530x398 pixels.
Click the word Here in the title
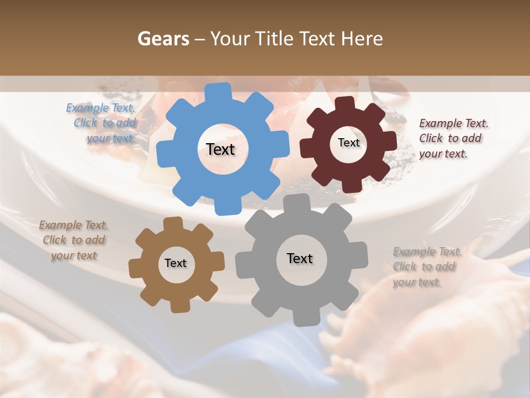coord(362,39)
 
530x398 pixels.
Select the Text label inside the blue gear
coord(220,149)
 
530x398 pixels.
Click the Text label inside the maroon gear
coord(348,143)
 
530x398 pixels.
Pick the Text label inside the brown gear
coord(176,263)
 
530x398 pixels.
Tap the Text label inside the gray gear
coord(300,258)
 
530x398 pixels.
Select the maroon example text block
coord(453,139)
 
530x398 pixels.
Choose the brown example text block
coord(73,240)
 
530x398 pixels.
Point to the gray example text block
coord(426,267)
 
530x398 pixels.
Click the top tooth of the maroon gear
coord(345,103)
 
